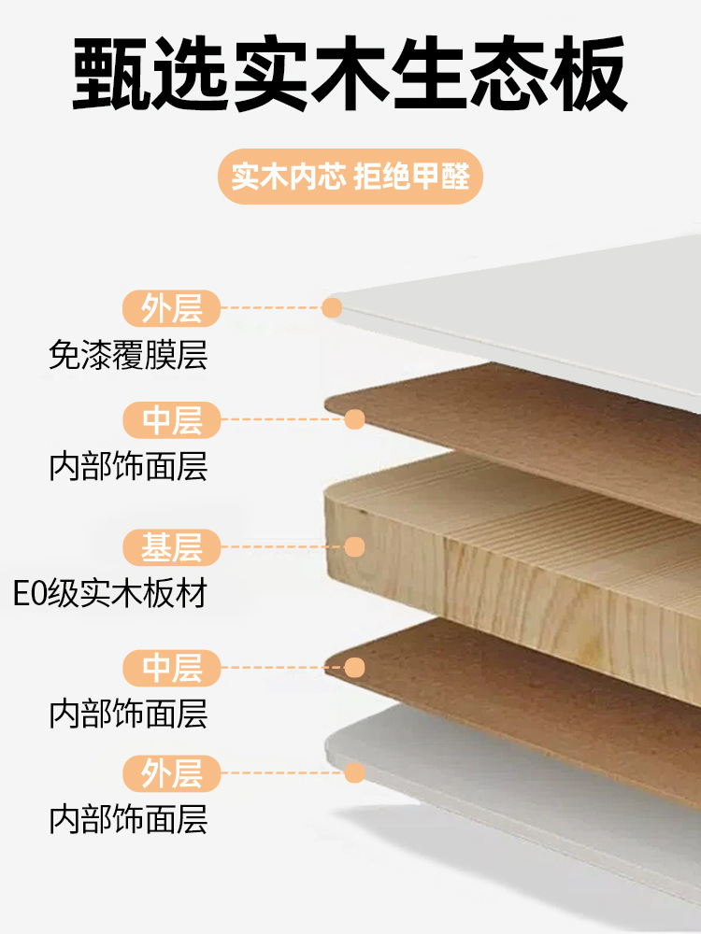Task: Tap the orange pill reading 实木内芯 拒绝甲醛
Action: (x=350, y=177)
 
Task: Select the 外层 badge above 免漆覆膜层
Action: (x=172, y=307)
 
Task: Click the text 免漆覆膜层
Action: (x=128, y=356)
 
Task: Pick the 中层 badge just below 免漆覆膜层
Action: (x=172, y=420)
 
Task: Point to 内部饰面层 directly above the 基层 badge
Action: (x=128, y=467)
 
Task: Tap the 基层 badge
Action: (x=172, y=547)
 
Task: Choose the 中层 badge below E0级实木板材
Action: (x=172, y=668)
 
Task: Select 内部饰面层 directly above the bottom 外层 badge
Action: (x=128, y=715)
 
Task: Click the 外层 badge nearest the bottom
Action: (x=172, y=773)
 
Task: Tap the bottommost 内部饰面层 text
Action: (x=128, y=821)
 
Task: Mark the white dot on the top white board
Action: (x=332, y=307)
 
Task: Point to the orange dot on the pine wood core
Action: (x=354, y=547)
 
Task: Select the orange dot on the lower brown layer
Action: (x=354, y=668)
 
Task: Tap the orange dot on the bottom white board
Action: (x=354, y=773)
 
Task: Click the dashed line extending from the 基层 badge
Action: (x=281, y=547)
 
